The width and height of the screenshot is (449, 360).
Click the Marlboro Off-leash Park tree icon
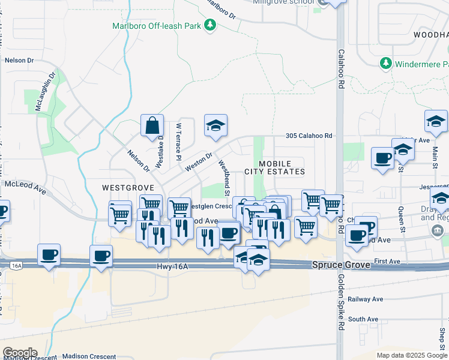(x=209, y=25)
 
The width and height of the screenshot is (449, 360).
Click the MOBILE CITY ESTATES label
(x=275, y=167)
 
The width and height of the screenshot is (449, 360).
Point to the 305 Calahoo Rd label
(x=309, y=136)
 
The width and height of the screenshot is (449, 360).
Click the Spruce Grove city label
(x=342, y=264)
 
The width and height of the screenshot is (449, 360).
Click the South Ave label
(x=363, y=319)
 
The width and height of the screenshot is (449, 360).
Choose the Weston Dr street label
(x=199, y=161)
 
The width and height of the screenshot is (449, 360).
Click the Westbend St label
(x=224, y=176)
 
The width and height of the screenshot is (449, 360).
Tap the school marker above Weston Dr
(x=215, y=125)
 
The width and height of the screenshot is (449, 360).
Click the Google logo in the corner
(x=19, y=353)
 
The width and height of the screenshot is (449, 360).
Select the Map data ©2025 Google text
(x=412, y=355)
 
